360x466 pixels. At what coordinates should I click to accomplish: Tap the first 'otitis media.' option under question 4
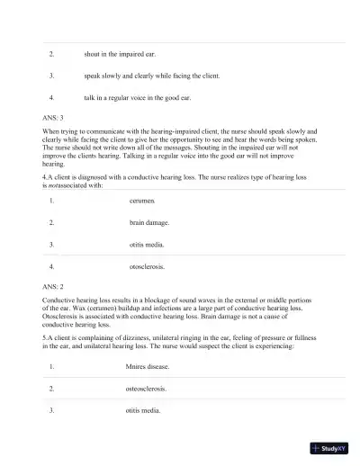click(x=147, y=244)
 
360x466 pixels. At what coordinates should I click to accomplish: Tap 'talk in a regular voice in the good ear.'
click(x=138, y=97)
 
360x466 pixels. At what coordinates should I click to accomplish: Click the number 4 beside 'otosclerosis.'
click(x=52, y=266)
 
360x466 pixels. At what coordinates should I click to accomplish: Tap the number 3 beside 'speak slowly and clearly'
click(x=52, y=76)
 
